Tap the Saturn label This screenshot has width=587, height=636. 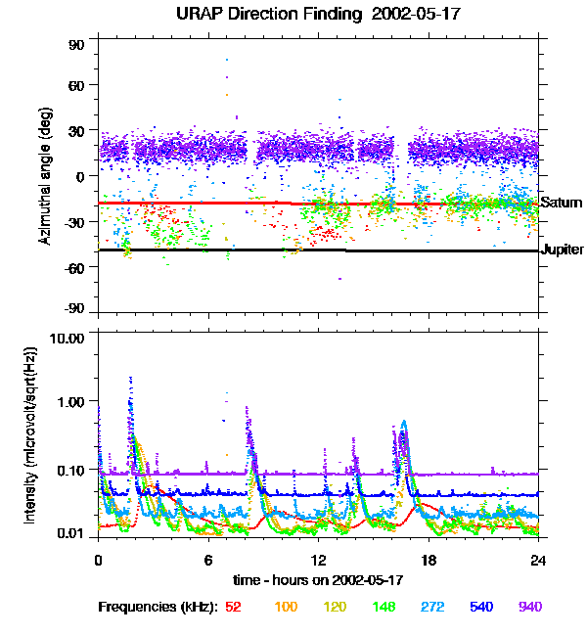click(562, 203)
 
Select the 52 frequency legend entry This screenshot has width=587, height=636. click(233, 607)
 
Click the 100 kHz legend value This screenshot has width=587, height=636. click(286, 607)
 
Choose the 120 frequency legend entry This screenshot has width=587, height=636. click(335, 607)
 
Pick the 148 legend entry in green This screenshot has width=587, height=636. click(384, 607)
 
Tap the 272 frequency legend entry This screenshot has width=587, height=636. click(432, 607)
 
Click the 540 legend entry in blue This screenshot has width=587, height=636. click(481, 607)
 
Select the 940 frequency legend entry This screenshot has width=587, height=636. click(530, 607)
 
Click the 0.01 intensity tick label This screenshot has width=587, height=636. click(72, 533)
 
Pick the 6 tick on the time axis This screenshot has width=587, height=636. click(208, 561)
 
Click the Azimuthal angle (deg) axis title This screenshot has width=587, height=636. click(44, 176)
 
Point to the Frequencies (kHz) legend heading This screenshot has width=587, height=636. click(158, 607)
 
